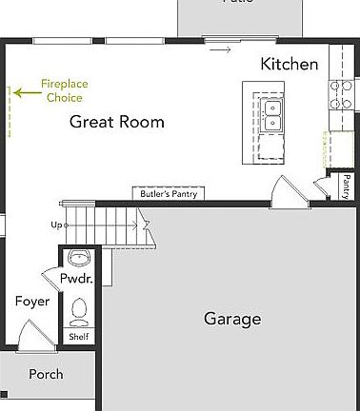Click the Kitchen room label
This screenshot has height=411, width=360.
(x=290, y=64)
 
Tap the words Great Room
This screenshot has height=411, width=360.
(x=117, y=122)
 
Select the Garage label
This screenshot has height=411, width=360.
(x=232, y=319)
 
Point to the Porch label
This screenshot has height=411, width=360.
(x=46, y=374)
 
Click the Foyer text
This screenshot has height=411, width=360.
(x=31, y=302)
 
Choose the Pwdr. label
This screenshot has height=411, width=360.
(x=75, y=280)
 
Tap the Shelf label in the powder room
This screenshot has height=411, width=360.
(x=77, y=336)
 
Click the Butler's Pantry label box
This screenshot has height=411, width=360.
(x=168, y=193)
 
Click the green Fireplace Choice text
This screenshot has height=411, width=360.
(x=64, y=90)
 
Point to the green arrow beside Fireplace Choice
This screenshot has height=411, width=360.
(x=27, y=92)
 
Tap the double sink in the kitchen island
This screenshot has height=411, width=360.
(x=272, y=113)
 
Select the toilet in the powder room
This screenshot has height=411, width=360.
(x=78, y=310)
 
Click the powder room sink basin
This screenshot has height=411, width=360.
(x=78, y=258)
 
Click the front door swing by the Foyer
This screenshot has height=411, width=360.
(x=30, y=335)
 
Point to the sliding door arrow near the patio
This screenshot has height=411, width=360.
(x=220, y=49)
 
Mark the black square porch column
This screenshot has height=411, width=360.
(x=4, y=394)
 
